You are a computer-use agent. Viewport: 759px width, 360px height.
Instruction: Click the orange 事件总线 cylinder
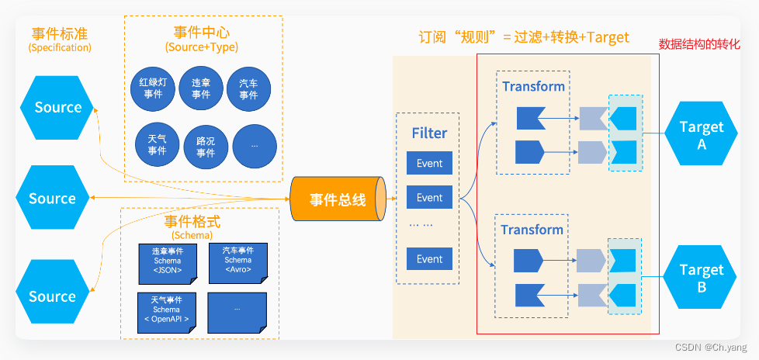[x=338, y=199]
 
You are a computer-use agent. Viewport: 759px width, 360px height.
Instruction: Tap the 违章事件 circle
[x=201, y=88]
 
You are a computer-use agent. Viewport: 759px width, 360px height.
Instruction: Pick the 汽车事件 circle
[x=248, y=88]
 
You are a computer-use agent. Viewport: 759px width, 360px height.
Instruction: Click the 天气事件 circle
[x=157, y=145]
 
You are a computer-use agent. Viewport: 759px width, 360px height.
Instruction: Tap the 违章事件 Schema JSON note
[x=167, y=261]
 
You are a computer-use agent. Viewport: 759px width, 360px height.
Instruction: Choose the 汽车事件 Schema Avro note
[x=238, y=260]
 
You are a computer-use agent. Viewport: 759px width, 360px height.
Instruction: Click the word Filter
[x=429, y=133]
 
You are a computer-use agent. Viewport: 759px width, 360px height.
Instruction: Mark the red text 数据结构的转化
[x=699, y=44]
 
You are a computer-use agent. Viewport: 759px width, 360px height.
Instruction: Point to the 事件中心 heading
[x=202, y=33]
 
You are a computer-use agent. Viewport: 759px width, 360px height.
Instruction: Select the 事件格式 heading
[x=191, y=221]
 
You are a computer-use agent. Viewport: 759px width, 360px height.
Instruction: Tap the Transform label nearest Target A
[x=533, y=86]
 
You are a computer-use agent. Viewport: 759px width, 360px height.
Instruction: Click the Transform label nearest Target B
[x=532, y=230]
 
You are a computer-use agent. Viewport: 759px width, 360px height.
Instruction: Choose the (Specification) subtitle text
[x=60, y=47]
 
